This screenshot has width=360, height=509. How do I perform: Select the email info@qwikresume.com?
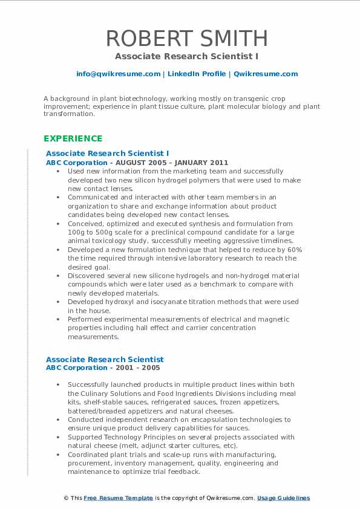pyautogui.click(x=118, y=74)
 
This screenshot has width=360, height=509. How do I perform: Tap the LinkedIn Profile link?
pyautogui.click(x=189, y=74)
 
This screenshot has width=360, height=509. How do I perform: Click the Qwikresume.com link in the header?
pyautogui.click(x=266, y=74)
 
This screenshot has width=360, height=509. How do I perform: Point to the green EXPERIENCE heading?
pyautogui.click(x=73, y=138)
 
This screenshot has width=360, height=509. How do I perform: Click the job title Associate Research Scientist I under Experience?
pyautogui.click(x=107, y=154)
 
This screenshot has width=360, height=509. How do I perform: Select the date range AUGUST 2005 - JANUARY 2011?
pyautogui.click(x=172, y=163)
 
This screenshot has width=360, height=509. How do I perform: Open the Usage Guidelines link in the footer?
pyautogui.click(x=283, y=498)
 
